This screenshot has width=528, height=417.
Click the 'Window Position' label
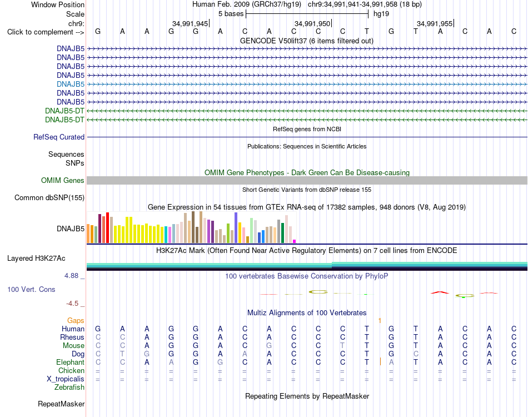pos(58,4)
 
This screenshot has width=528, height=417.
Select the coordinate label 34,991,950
pos(312,23)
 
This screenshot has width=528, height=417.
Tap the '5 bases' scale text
pos(231,14)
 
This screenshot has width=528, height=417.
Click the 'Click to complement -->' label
pos(46,32)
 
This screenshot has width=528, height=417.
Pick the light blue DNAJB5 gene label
pos(71,84)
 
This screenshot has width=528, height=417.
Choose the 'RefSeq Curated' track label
pos(59,137)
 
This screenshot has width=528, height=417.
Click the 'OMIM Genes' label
pos(62,181)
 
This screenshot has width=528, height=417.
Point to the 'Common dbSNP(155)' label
pos(49,198)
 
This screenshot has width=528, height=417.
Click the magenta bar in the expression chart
pos(295,241)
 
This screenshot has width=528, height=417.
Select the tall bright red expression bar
pos(107,228)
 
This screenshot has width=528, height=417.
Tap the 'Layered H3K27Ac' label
pos(36,259)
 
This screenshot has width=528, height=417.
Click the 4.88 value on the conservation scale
pos(71,276)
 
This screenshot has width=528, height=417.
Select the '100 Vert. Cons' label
pos(31,289)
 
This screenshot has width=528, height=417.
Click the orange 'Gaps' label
pos(76,320)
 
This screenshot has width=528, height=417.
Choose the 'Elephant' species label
pos(70,363)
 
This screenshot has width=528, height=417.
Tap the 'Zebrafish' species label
pos(69,388)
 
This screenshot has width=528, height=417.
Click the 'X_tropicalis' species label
pos(66,379)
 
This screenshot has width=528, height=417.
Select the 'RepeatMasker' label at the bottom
pos(61,404)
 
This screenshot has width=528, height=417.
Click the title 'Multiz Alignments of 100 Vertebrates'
pos(307,312)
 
